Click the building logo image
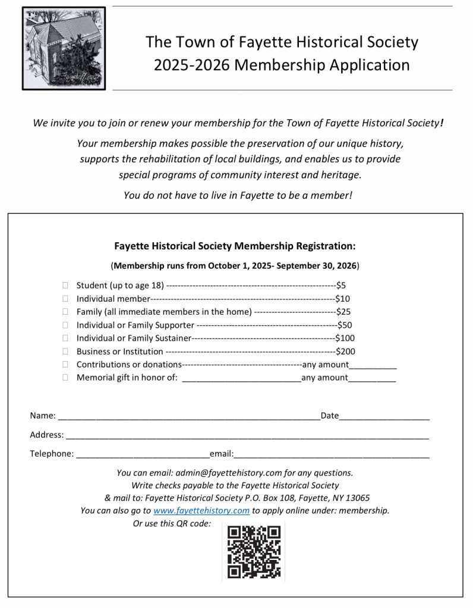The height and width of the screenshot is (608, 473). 64,49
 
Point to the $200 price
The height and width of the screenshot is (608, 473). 345,351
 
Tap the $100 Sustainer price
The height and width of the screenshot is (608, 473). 345,338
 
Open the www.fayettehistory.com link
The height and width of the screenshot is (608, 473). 201,511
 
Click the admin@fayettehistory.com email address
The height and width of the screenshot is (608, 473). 228,473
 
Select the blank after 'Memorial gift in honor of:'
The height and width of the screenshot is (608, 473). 241,379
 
